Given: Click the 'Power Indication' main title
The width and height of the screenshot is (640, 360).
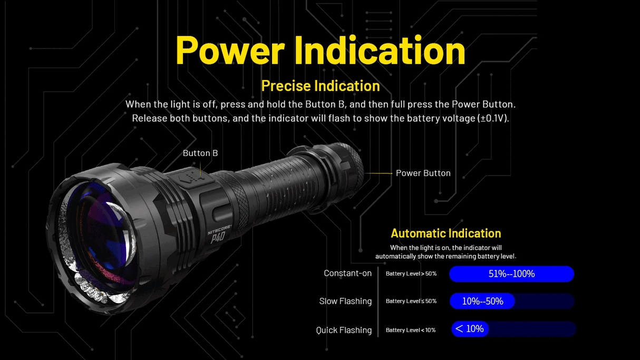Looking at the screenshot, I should point(320,50).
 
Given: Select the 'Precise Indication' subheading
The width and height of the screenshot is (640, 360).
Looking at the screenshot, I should point(320,85).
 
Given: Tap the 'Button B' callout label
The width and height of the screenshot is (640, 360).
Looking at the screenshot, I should point(200,153).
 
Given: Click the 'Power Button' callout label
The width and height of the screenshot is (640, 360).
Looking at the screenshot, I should point(423,173).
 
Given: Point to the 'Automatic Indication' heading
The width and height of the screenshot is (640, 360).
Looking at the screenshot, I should point(445,233).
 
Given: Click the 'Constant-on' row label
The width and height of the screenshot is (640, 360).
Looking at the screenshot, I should point(347,273).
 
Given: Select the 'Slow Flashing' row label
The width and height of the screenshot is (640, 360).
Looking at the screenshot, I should point(345,301).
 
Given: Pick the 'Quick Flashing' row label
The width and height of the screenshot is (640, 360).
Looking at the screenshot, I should point(344,330).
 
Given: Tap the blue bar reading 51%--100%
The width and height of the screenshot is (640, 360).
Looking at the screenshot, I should point(511,274).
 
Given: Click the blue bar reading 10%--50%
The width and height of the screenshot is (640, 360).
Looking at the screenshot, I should point(482,301).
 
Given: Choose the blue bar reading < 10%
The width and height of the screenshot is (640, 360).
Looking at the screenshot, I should point(470,329).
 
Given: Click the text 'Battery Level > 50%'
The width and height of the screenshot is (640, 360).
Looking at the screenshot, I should point(411,274).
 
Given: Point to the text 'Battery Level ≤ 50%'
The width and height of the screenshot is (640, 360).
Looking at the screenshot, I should point(411,301).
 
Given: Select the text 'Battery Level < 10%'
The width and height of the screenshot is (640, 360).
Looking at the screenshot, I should point(410,330).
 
